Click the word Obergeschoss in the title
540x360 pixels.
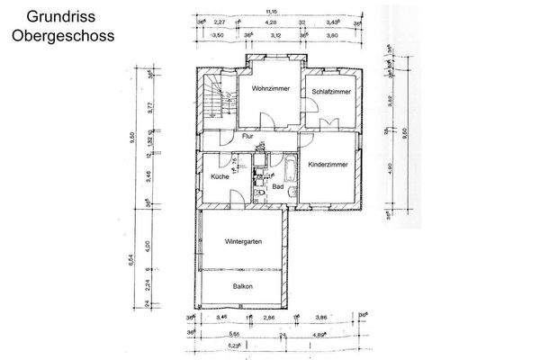[62, 38]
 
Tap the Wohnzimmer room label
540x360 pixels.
[269, 89]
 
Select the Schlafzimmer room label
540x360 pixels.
[330, 92]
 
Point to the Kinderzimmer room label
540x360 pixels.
[328, 166]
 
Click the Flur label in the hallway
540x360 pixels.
[248, 137]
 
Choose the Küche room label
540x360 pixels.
[220, 177]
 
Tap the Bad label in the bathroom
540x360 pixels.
[277, 186]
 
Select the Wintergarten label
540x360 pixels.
[243, 242]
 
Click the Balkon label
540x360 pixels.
[242, 286]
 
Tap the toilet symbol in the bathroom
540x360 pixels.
[260, 193]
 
